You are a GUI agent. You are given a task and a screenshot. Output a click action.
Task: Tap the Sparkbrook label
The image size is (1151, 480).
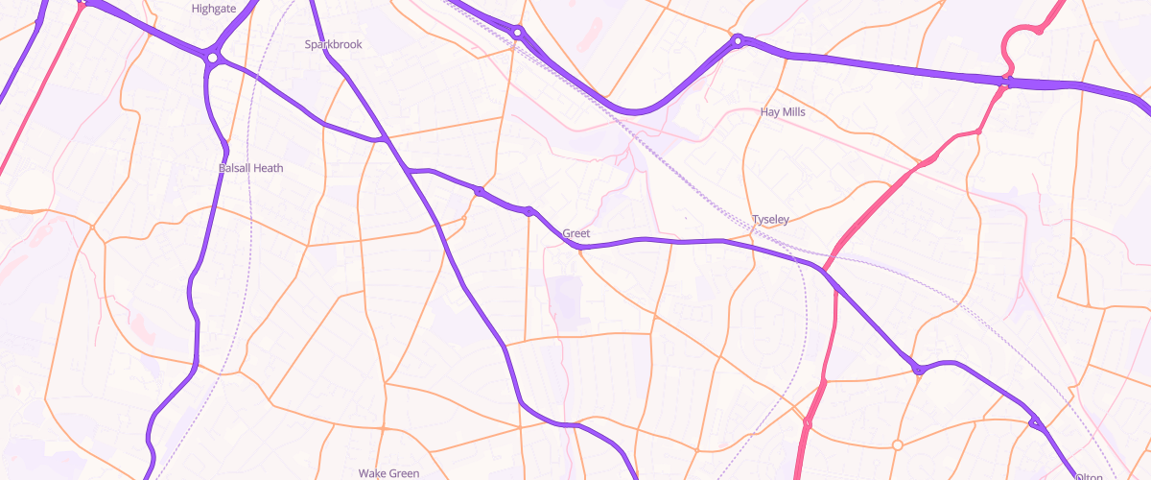[x=333, y=44]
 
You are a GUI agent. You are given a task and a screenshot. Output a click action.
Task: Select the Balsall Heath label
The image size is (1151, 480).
[x=251, y=168]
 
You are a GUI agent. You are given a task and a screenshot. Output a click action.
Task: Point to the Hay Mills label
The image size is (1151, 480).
[x=783, y=111]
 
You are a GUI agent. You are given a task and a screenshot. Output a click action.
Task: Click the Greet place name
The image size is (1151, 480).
[x=576, y=233]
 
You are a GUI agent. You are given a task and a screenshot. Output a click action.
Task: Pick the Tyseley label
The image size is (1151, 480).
[x=770, y=220]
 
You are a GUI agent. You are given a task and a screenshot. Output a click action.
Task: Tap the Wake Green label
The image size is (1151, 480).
[x=389, y=473]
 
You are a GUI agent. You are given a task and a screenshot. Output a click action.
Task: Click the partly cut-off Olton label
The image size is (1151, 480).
[x=1090, y=476]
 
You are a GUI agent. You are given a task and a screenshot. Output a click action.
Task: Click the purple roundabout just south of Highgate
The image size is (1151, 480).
[x=212, y=59]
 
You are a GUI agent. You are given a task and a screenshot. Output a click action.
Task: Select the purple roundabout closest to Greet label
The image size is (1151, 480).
[x=529, y=211]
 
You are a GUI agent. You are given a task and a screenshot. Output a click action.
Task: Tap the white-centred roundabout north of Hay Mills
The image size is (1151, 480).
[x=738, y=41]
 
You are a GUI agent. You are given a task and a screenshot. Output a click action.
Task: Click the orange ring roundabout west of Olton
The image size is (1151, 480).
[x=898, y=444]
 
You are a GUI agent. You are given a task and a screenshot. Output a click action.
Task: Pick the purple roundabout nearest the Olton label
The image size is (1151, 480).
[x=1034, y=422]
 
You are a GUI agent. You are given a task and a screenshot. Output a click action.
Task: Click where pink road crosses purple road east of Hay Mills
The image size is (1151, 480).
[x=1004, y=84]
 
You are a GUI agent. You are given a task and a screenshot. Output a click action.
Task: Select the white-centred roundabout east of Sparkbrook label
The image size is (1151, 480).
[x=518, y=33]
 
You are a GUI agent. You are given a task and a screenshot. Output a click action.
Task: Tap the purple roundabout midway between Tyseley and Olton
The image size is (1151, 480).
[x=918, y=369]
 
